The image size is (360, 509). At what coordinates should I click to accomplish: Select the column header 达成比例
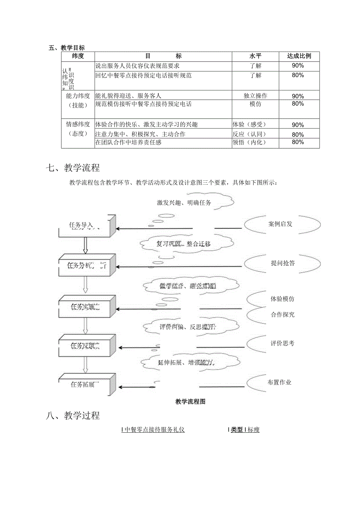click(299, 56)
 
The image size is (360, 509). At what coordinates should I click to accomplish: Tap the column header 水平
click(256, 56)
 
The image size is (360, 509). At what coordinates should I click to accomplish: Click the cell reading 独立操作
click(256, 95)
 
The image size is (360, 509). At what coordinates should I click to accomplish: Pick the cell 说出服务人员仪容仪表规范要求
click(138, 66)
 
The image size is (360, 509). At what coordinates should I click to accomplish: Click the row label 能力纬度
click(78, 95)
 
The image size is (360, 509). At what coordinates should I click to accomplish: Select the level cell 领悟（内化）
click(249, 142)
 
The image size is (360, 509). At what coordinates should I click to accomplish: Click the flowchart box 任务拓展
click(83, 384)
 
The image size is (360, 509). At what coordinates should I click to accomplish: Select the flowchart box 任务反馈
click(85, 345)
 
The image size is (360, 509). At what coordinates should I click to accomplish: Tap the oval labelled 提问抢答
click(283, 263)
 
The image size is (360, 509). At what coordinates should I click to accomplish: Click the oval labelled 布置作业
click(279, 382)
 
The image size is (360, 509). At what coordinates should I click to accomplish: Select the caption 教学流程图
click(191, 401)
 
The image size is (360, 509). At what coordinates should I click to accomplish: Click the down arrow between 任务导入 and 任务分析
click(86, 246)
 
